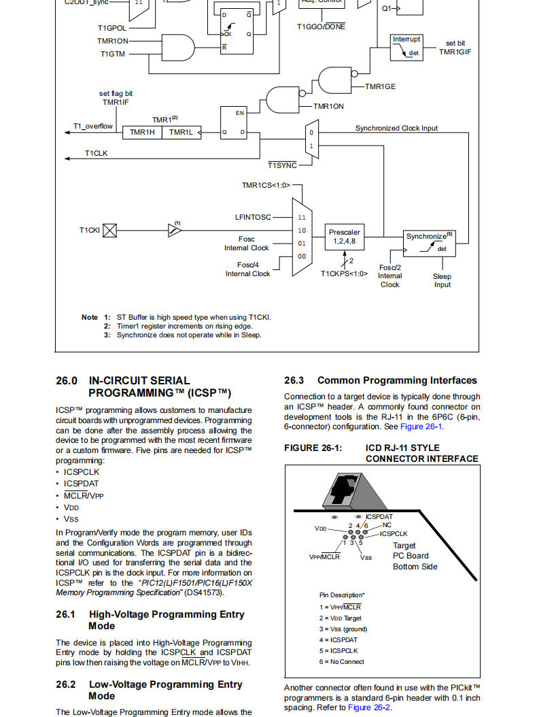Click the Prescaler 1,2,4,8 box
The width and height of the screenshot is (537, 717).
(x=345, y=237)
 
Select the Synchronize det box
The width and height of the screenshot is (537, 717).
(x=429, y=244)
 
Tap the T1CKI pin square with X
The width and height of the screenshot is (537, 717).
(x=109, y=231)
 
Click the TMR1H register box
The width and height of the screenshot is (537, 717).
(x=142, y=132)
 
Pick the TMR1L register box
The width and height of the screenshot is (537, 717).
(x=181, y=132)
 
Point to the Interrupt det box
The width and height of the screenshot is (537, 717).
(x=406, y=47)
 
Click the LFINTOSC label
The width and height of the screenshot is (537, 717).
(x=253, y=217)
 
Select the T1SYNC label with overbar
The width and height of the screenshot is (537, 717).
(x=283, y=165)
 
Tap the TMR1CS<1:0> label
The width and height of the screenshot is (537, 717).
(x=266, y=185)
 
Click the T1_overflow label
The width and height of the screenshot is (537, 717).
(x=92, y=127)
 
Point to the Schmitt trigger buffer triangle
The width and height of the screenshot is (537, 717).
(x=175, y=230)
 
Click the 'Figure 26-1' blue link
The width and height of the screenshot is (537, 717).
(x=421, y=427)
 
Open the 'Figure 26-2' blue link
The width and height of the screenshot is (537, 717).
(x=369, y=707)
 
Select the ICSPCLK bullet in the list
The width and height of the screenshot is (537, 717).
(x=82, y=472)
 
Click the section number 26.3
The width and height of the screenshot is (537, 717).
(x=294, y=380)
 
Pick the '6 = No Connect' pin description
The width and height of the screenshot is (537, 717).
(x=342, y=662)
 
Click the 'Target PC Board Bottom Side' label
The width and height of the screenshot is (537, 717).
(x=415, y=556)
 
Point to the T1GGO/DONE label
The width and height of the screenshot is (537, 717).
(x=321, y=27)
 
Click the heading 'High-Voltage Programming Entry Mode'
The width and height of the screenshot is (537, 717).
(x=167, y=620)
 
